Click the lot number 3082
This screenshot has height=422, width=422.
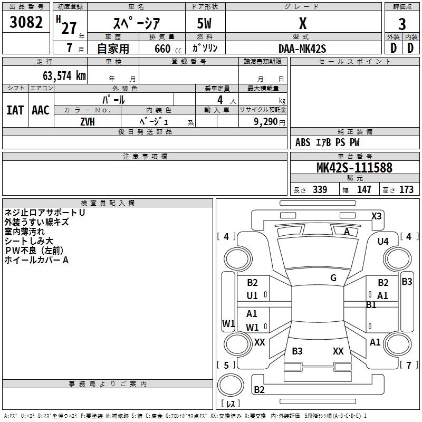pos(26,23)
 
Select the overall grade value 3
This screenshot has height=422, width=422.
pos(402,24)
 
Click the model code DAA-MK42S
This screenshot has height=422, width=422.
pos(302,48)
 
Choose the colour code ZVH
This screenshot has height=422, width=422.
pos(88,121)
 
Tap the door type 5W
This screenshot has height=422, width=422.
pos(205,24)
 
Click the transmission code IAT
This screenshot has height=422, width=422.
pos(15,110)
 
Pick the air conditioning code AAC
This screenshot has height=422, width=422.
pos(41,110)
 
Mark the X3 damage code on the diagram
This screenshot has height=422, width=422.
pos(377,216)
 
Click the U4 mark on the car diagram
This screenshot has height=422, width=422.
pos(383,241)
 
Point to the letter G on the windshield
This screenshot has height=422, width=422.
pos(333,277)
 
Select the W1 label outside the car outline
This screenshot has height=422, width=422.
pos(228,323)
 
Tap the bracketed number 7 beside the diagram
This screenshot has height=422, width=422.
pos(408,365)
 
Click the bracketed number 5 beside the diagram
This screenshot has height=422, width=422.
pos(226,365)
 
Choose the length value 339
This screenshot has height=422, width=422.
pos(320,190)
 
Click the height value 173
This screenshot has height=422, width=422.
pos(406,190)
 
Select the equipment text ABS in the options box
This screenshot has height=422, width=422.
pos(303,142)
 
